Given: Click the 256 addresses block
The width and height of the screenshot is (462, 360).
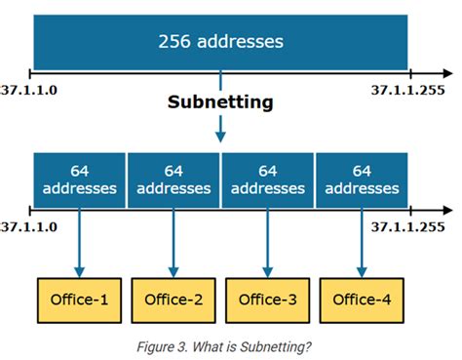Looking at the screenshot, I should pyautogui.click(x=220, y=42).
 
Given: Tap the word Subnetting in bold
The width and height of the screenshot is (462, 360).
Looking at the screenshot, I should pyautogui.click(x=220, y=101).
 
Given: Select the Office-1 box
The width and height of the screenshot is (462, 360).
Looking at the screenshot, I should pyautogui.click(x=80, y=299).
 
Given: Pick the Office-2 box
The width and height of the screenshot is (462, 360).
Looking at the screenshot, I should pyautogui.click(x=173, y=299).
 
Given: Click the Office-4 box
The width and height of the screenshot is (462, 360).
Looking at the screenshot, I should pyautogui.click(x=361, y=299).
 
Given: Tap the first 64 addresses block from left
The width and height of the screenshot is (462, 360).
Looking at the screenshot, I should pyautogui.click(x=80, y=179).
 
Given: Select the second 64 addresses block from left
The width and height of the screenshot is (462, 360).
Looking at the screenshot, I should pyautogui.click(x=173, y=179).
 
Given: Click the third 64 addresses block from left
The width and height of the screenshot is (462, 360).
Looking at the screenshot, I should pyautogui.click(x=267, y=179).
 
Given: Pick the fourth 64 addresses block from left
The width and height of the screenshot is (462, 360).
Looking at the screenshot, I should pyautogui.click(x=361, y=179).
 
